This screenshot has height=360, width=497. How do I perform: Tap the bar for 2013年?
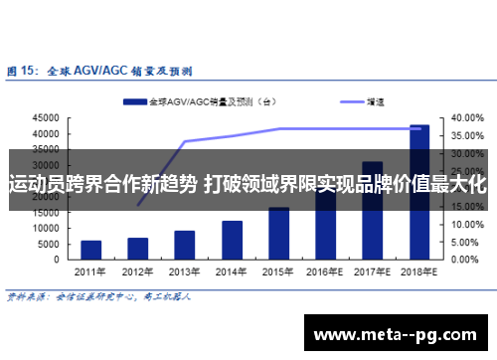coord(185,245)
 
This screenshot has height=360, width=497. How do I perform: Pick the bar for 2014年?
coord(232,240)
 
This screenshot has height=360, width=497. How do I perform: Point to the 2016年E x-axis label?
coord(325,270)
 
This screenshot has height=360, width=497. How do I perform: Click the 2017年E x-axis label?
coord(373,270)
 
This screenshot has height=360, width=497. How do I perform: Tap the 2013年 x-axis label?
coord(185,270)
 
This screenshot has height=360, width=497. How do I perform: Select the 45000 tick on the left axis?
coord(45,117)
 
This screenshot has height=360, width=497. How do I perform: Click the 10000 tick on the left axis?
coord(45,229)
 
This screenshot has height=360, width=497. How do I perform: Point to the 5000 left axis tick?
coord(48,245)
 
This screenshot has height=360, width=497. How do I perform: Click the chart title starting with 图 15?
coord(99,71)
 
